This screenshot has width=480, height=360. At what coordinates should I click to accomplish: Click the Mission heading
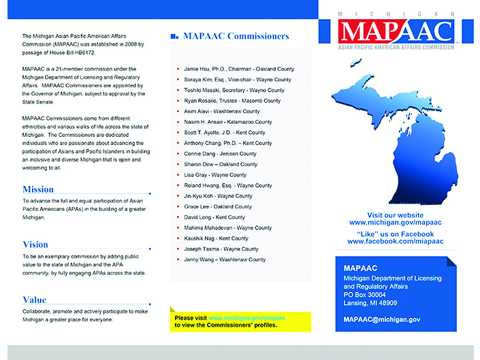click(x=38, y=190)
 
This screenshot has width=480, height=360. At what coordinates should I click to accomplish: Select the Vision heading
click(x=35, y=244)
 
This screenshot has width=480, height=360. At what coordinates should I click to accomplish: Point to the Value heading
click(x=35, y=299)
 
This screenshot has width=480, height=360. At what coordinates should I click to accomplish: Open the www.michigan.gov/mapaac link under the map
click(x=395, y=223)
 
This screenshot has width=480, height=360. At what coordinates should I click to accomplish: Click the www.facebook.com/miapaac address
click(x=395, y=242)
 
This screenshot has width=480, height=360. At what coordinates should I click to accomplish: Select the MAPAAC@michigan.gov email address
click(x=382, y=319)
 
